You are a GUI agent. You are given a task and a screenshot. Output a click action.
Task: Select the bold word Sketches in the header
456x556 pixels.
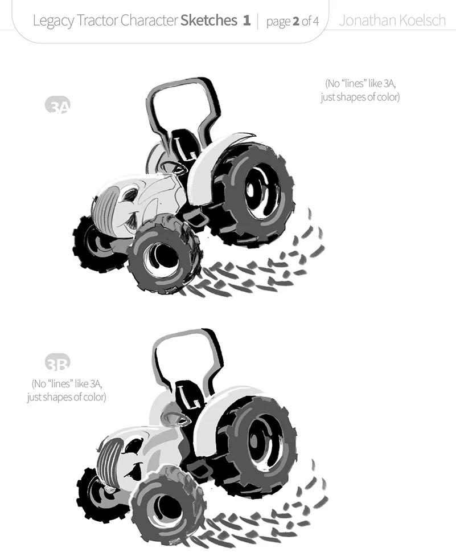[x=209, y=21]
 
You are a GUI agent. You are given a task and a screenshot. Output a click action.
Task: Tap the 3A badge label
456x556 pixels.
[x=57, y=107]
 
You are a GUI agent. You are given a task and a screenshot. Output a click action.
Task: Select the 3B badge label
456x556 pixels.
[x=57, y=363]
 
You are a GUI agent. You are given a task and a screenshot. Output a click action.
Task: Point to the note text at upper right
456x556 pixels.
[x=360, y=90]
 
